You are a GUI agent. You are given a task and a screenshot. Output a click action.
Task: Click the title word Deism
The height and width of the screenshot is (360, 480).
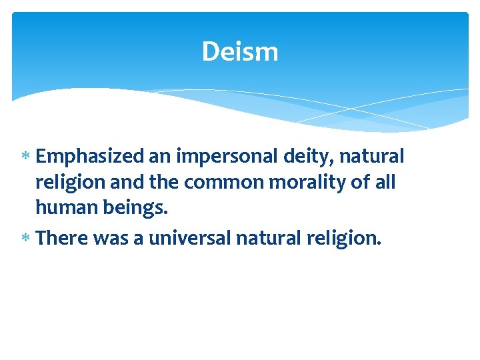point(240,51)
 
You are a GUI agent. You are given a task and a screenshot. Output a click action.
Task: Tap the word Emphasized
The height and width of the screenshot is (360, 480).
point(90,157)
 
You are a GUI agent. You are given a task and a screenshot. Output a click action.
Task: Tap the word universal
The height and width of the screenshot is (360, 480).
point(191,238)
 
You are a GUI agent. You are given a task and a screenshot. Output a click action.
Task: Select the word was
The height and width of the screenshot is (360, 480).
point(116,238)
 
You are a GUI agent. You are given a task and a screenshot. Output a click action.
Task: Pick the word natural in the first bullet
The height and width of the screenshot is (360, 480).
point(371,157)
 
